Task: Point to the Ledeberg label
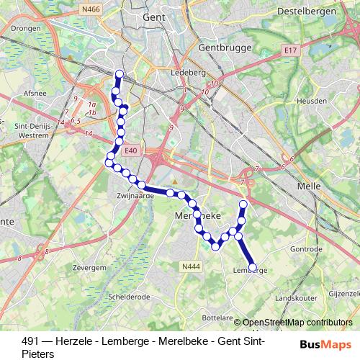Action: tap(168, 73)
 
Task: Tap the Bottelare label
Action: tap(217, 317)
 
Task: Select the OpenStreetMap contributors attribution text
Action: tap(298, 323)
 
